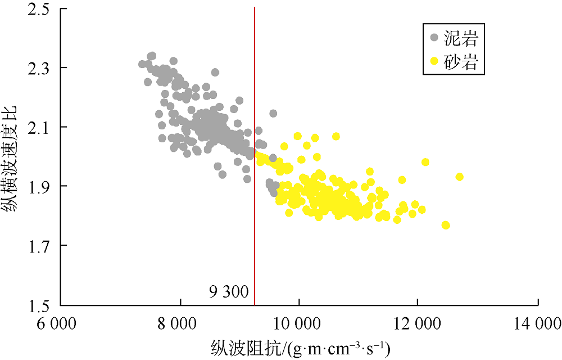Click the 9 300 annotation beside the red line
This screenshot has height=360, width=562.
(229, 292)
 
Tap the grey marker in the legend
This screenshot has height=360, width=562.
(434, 38)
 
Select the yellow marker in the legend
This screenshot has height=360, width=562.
(434, 60)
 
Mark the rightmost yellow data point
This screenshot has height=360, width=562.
(459, 177)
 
